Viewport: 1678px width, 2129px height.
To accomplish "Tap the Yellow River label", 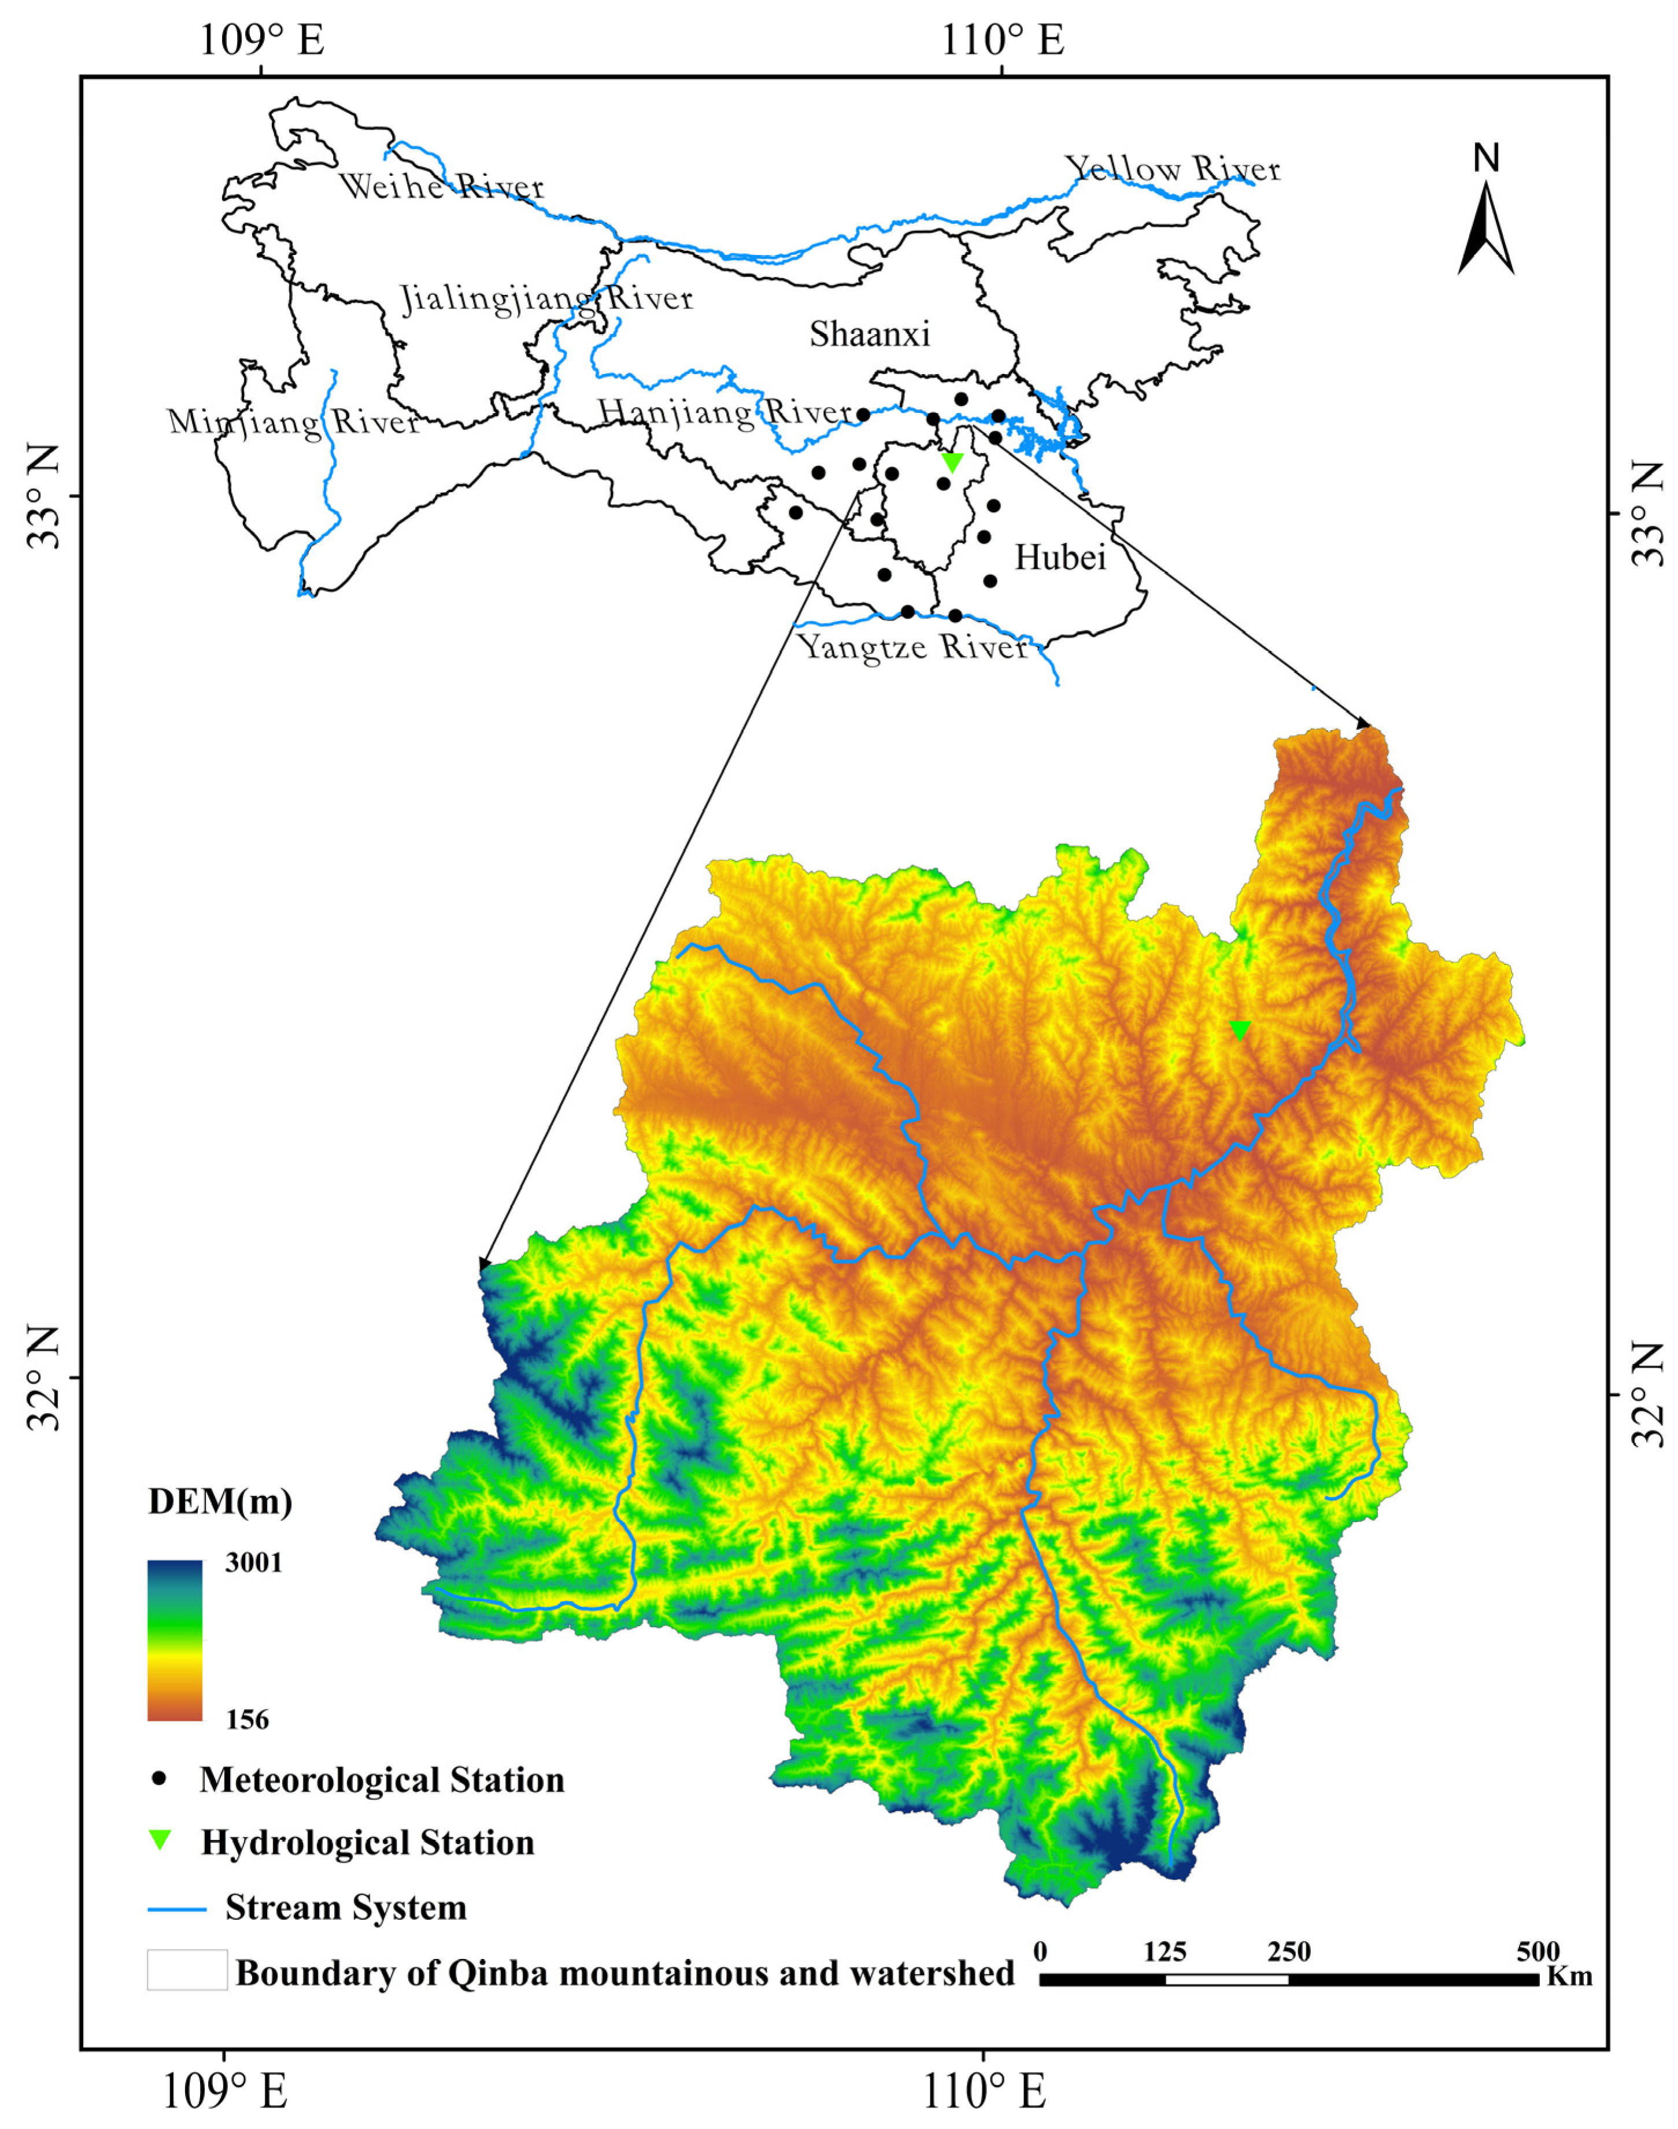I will coord(1173,169).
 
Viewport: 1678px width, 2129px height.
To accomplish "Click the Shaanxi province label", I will coord(870,334).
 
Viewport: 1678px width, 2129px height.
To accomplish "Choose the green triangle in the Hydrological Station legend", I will coord(158,1840).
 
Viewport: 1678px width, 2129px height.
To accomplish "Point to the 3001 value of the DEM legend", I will coord(253,1562).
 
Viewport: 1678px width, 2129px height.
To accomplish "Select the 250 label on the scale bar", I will coord(1289,1951).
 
